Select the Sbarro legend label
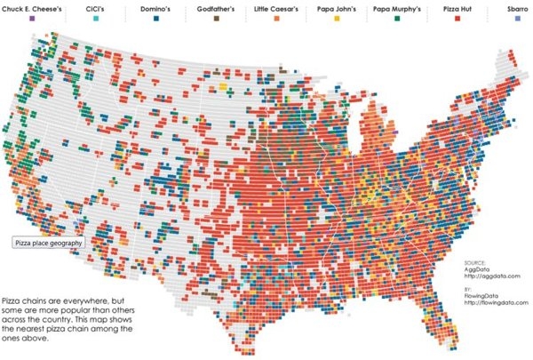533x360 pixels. (518, 7)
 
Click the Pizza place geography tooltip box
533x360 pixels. (49, 242)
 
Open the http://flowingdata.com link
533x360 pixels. (496, 302)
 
